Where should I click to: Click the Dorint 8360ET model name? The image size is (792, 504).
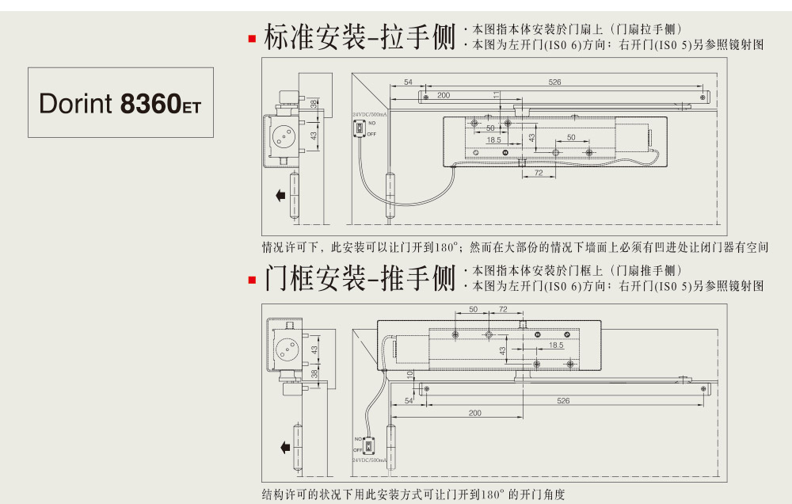tap(120, 103)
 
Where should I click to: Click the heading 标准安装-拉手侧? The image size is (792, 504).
tap(359, 37)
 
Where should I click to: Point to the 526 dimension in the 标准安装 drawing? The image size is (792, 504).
tap(554, 82)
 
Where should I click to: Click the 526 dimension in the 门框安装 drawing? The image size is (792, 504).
tap(563, 401)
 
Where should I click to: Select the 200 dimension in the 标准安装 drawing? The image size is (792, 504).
tap(444, 95)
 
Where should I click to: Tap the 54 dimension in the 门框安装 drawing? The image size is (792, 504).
tap(409, 401)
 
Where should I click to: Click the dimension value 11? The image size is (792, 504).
tap(497, 95)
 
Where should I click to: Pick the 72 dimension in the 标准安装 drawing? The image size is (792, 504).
tap(538, 173)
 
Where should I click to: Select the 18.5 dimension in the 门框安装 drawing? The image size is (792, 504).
tap(555, 345)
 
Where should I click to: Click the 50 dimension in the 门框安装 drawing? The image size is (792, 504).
tap(474, 309)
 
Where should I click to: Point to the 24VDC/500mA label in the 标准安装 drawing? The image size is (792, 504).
tap(365, 115)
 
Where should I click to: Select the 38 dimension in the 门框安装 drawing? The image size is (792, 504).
tap(314, 373)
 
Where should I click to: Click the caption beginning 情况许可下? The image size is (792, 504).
tap(515, 247)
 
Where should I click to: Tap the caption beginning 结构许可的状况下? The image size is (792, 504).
tap(413, 494)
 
